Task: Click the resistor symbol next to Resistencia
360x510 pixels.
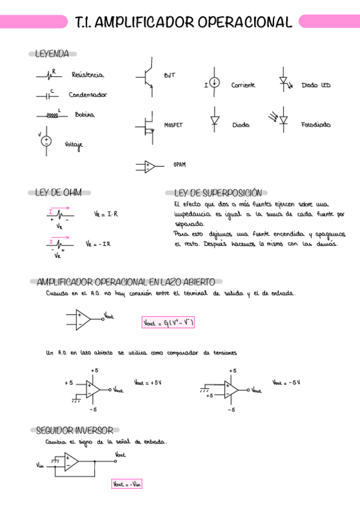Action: pyautogui.click(x=49, y=76)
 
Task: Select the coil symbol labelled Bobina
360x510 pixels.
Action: pyautogui.click(x=50, y=115)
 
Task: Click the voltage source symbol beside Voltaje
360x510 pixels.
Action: pyautogui.click(x=46, y=141)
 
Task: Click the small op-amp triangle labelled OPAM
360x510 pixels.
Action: pyautogui.click(x=148, y=166)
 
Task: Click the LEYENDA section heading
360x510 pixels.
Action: pyautogui.click(x=52, y=54)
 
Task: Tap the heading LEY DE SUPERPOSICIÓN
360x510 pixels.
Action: pyautogui.click(x=218, y=192)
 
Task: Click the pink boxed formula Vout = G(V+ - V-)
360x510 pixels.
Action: pyautogui.click(x=169, y=323)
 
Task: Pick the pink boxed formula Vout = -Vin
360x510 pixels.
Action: pyautogui.click(x=127, y=484)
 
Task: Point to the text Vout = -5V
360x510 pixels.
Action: pyautogui.click(x=286, y=382)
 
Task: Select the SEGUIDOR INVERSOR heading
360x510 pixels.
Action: pyautogui.click(x=74, y=431)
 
